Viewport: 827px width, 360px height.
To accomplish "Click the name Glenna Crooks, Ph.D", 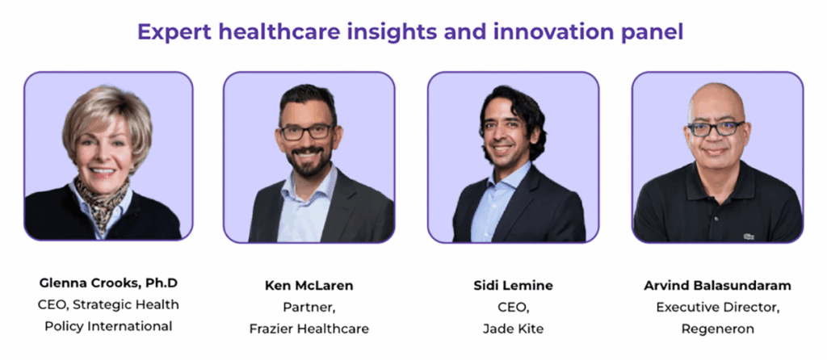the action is coord(108,283).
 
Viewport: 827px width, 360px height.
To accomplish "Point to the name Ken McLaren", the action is coord(309,286).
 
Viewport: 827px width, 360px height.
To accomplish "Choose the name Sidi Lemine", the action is coord(513,286).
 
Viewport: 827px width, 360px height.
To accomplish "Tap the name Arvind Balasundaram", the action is coord(717,286).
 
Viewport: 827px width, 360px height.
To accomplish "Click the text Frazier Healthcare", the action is coord(309,329).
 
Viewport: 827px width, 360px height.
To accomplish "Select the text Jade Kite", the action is coord(513,329).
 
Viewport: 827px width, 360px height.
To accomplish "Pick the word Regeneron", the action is coord(717,329).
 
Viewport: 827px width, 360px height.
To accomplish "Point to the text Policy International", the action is coord(108,326).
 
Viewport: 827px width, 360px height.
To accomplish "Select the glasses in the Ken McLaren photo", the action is coord(306,132).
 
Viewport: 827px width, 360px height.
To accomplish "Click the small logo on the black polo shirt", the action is coord(749,237).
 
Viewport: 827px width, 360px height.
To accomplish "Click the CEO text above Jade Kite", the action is coord(513,308).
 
